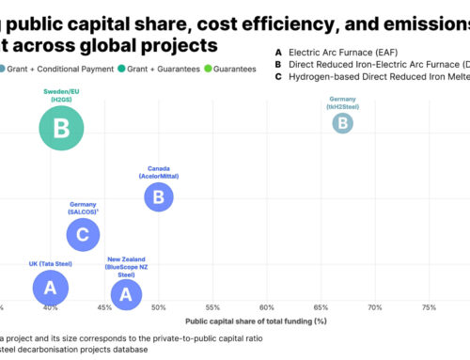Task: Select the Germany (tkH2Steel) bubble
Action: click(344, 122)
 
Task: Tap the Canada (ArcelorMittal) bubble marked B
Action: click(159, 196)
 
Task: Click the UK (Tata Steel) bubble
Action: click(51, 287)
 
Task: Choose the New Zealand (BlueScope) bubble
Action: click(126, 293)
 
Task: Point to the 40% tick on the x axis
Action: click(51, 307)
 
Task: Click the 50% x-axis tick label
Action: click(159, 307)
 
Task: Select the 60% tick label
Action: click(267, 307)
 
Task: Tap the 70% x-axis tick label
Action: click(375, 307)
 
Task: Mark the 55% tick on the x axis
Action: click(212, 307)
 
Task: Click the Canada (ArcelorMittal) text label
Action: click(159, 172)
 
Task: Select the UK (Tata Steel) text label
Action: click(51, 264)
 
